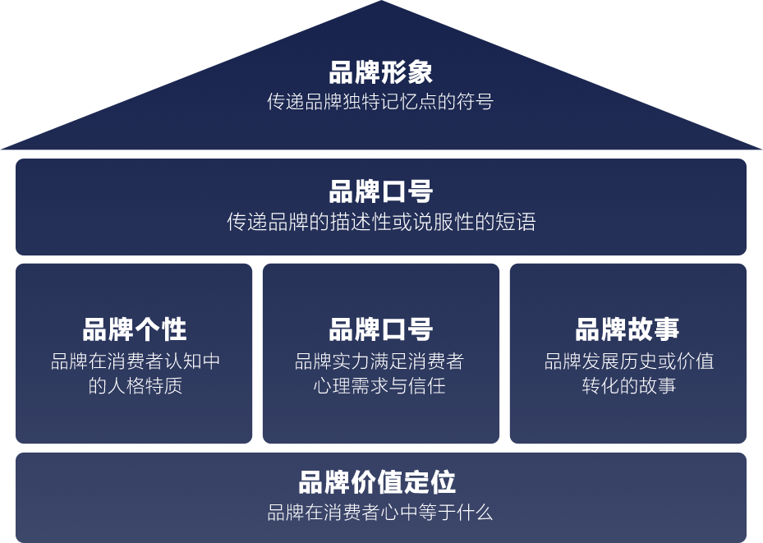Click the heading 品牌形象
[380, 72]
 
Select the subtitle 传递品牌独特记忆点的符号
[380, 102]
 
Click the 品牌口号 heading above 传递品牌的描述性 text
[380, 192]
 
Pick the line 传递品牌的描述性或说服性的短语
[381, 223]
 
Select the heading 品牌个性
[135, 330]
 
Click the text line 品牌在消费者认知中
[135, 361]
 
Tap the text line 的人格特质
[135, 385]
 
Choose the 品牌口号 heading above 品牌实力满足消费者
[380, 330]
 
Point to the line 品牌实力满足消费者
[380, 361]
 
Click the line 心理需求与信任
[380, 385]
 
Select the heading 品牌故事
[627, 330]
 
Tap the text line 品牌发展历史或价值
[628, 361]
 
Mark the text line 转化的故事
[628, 385]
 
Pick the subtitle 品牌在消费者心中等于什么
[380, 513]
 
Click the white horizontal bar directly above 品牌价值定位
[382, 448]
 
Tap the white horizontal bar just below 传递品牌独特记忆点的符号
[382, 154]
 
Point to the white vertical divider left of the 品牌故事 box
[504, 353]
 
